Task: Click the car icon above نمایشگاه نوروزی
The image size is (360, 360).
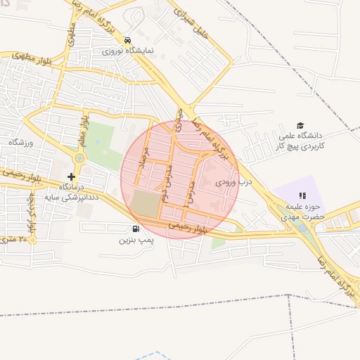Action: coord(127,40)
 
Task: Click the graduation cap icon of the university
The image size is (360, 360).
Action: coord(300,124)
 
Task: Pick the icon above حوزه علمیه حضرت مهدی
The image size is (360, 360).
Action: coord(302,195)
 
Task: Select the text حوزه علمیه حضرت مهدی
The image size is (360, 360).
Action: coord(304,212)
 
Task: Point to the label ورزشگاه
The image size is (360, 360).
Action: coord(20,143)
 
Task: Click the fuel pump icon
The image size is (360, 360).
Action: coord(135,229)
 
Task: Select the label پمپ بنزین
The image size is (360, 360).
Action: coord(135,240)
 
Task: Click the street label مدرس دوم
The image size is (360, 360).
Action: coord(167,184)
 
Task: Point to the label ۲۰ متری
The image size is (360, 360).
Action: coord(15,240)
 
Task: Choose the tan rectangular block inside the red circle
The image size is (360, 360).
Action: coord(146,204)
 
